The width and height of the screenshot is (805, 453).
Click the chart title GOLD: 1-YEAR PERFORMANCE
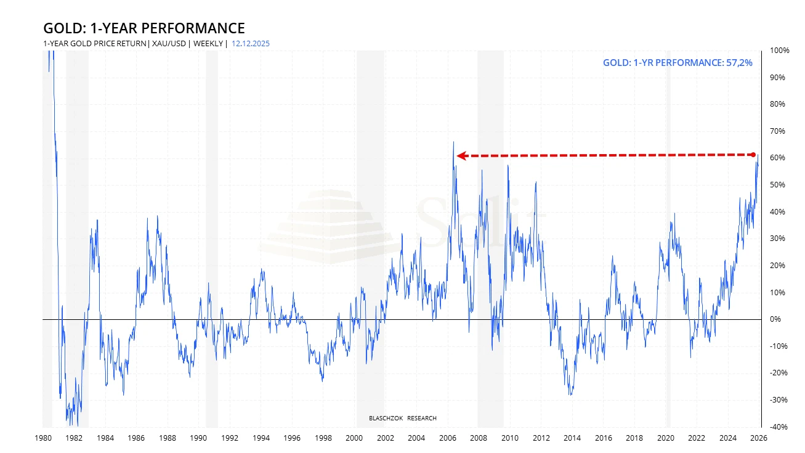(144, 28)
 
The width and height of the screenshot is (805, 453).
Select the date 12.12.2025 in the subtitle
(251, 44)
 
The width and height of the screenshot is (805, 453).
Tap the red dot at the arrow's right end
(753, 154)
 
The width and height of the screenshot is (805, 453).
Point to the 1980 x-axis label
(43, 438)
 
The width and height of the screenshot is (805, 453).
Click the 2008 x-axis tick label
(479, 438)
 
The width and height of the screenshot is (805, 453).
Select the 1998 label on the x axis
(323, 438)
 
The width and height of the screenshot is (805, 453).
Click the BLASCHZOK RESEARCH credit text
(402, 418)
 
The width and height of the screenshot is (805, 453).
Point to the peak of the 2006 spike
(453, 142)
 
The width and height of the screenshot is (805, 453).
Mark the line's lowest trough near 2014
(571, 394)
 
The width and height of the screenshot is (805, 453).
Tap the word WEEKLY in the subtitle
(209, 44)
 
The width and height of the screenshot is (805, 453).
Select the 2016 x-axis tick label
(603, 438)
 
